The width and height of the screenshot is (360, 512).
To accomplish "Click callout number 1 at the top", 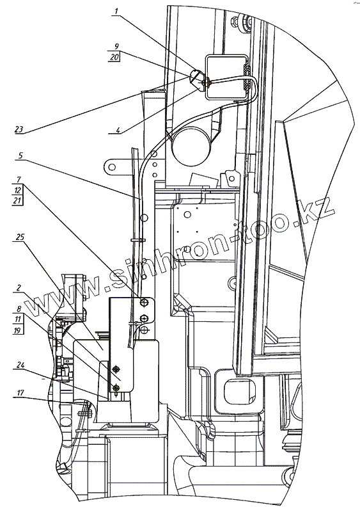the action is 116,12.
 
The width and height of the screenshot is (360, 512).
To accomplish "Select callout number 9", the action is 116,46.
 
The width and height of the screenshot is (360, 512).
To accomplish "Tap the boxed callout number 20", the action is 114,57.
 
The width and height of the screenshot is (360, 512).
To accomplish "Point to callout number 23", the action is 19,129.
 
